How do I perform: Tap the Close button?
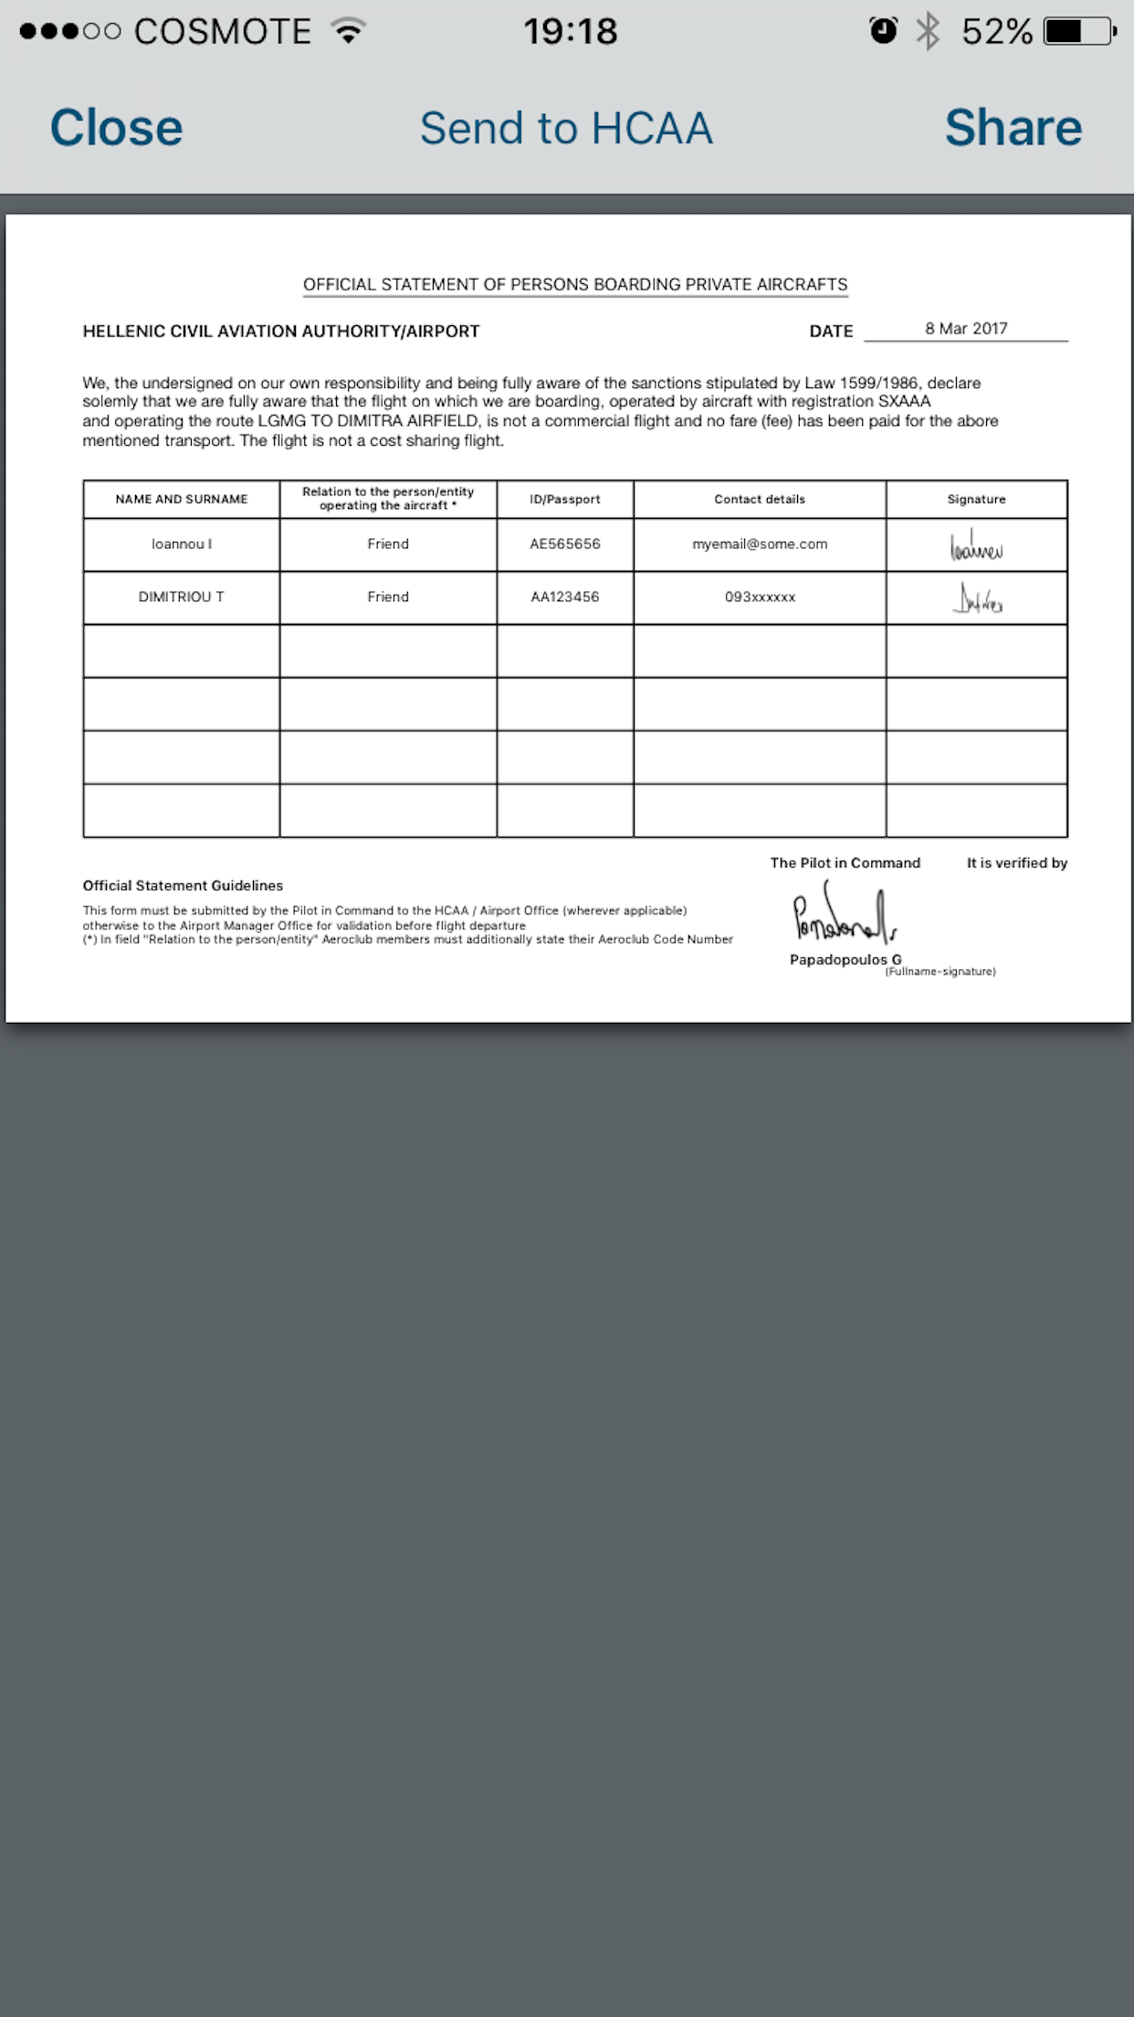point(116,128)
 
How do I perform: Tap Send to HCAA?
point(566,128)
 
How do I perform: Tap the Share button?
point(1013,128)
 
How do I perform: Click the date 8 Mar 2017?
point(966,329)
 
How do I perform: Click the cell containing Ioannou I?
point(182,544)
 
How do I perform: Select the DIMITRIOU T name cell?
point(182,597)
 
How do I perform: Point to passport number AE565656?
point(565,544)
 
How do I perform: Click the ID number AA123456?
point(565,597)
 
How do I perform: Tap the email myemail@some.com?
point(760,544)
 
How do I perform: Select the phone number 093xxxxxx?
point(760,597)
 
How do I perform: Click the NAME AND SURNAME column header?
point(182,500)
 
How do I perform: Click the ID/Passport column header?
point(565,500)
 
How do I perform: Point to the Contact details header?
point(760,500)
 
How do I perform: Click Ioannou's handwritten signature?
point(976,546)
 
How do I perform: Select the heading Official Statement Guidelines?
point(183,886)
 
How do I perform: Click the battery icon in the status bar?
point(1079,32)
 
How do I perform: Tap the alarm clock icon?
point(883,32)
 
